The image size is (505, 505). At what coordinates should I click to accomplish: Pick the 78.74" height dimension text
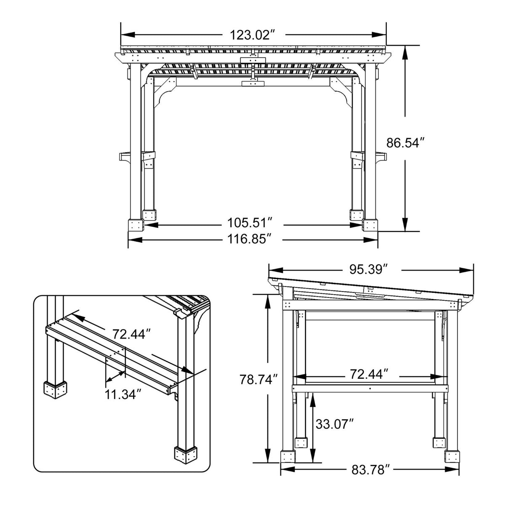click(x=259, y=379)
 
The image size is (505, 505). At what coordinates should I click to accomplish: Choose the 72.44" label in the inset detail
click(x=131, y=334)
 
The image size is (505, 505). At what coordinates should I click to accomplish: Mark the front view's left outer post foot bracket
click(x=136, y=225)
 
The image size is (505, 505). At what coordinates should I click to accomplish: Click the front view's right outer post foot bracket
click(x=370, y=225)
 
